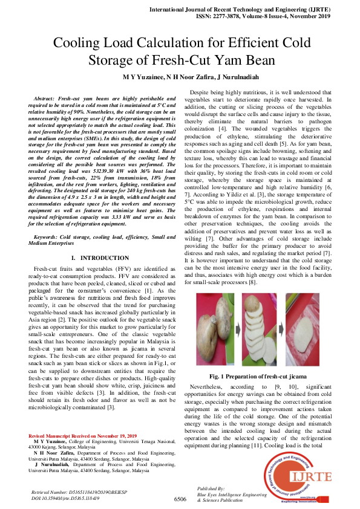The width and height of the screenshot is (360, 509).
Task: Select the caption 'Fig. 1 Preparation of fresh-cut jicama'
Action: click(x=263, y=359)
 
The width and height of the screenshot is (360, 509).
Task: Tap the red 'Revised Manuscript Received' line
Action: click(x=82, y=436)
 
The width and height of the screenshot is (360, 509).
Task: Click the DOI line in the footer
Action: click(x=65, y=498)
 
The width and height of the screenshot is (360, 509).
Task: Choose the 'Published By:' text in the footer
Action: click(x=212, y=488)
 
